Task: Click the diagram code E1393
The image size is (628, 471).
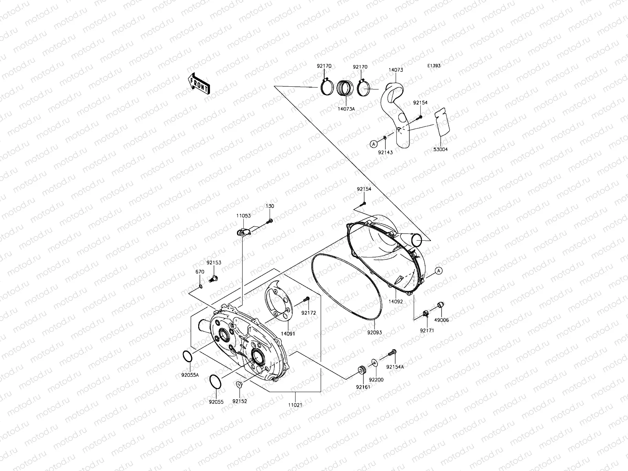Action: [434, 66]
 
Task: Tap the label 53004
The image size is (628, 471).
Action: [441, 150]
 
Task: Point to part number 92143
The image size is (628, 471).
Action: [385, 152]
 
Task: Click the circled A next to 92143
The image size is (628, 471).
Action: [373, 144]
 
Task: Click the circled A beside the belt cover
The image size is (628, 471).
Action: [439, 270]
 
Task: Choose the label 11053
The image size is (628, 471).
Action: [243, 215]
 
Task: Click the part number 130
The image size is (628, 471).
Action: [270, 206]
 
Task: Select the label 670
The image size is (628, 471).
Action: [200, 272]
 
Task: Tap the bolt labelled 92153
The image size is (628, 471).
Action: [214, 279]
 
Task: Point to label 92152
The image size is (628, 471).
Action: [239, 401]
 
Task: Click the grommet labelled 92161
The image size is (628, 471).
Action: [361, 370]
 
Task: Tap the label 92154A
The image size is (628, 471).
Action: [395, 367]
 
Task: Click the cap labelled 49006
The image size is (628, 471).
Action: [440, 305]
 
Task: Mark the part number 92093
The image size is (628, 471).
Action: [374, 332]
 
